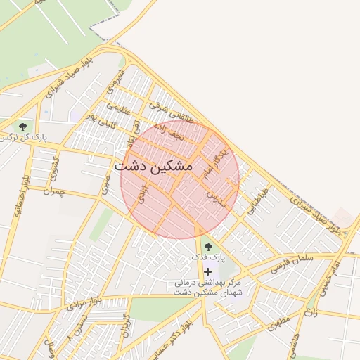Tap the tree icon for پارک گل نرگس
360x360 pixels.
pyautogui.click(x=24, y=126)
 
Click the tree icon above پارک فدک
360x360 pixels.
pyautogui.click(x=207, y=247)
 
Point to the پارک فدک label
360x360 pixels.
pyautogui.click(x=208, y=258)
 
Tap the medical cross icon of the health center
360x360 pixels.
pyautogui.click(x=207, y=271)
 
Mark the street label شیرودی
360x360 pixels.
pyautogui.click(x=117, y=82)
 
